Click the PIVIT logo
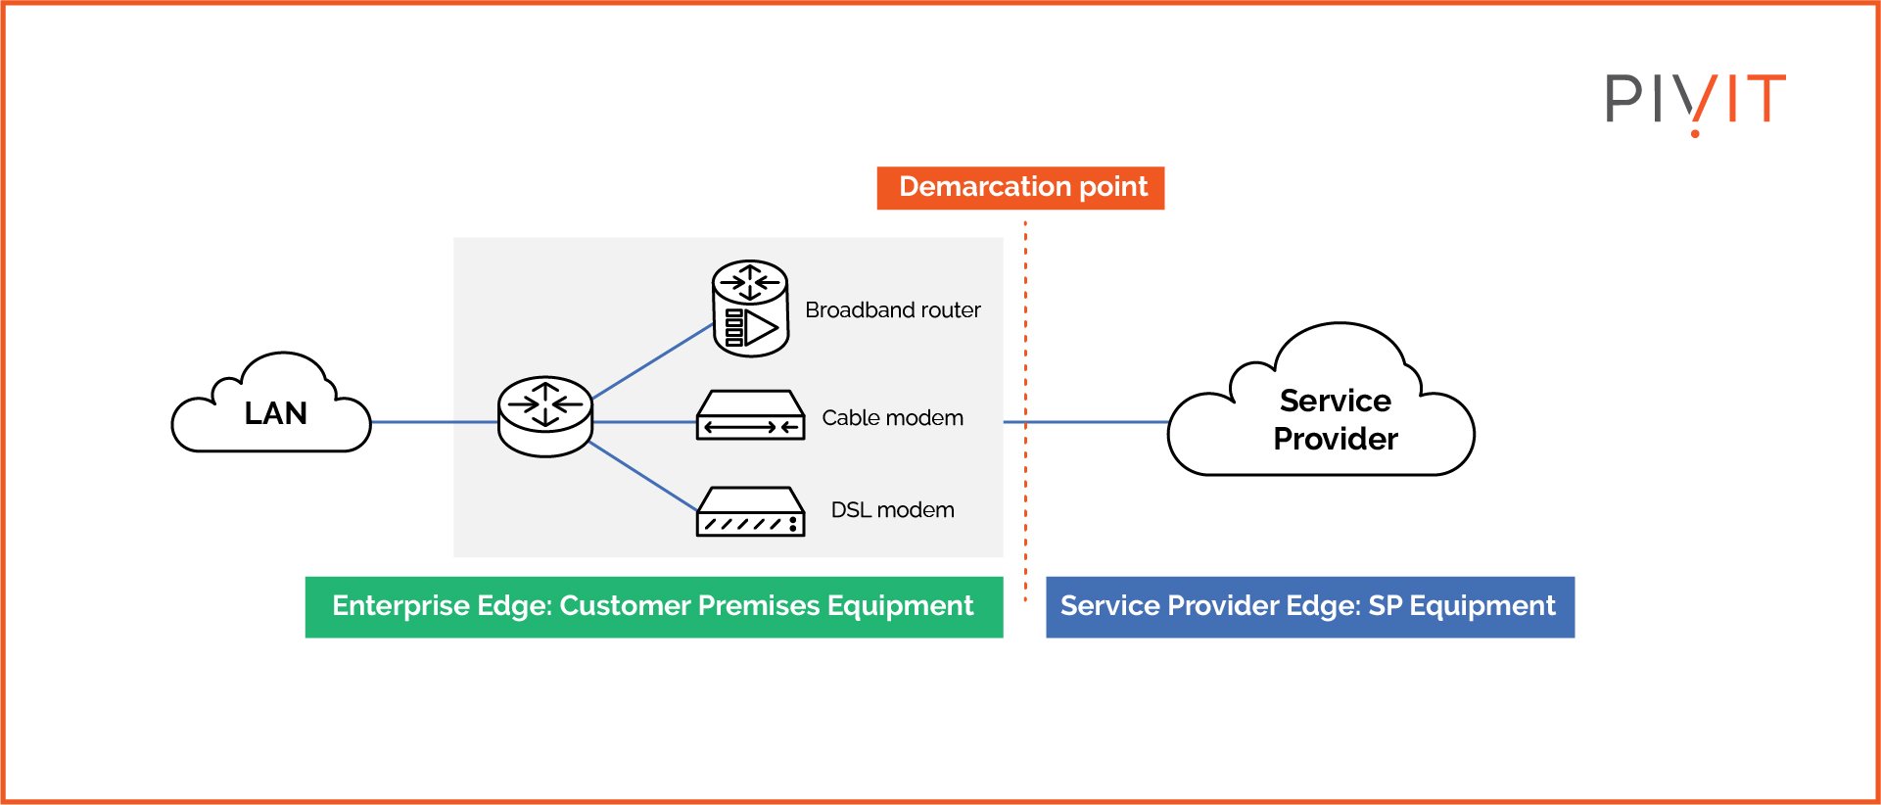coord(1695,103)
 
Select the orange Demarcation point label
coord(1020,188)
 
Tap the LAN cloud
coord(271,403)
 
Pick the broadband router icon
coord(750,308)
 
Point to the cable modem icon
coord(750,415)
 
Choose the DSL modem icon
coord(750,511)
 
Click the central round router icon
coord(545,416)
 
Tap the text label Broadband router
coord(893,310)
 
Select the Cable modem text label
coord(893,418)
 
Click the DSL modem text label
coord(893,510)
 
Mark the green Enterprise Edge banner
coord(654,607)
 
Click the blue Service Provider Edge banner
coord(1310,607)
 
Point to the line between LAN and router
coord(435,422)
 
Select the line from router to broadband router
coord(652,361)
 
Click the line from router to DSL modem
coord(642,476)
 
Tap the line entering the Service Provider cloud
coord(1086,422)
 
